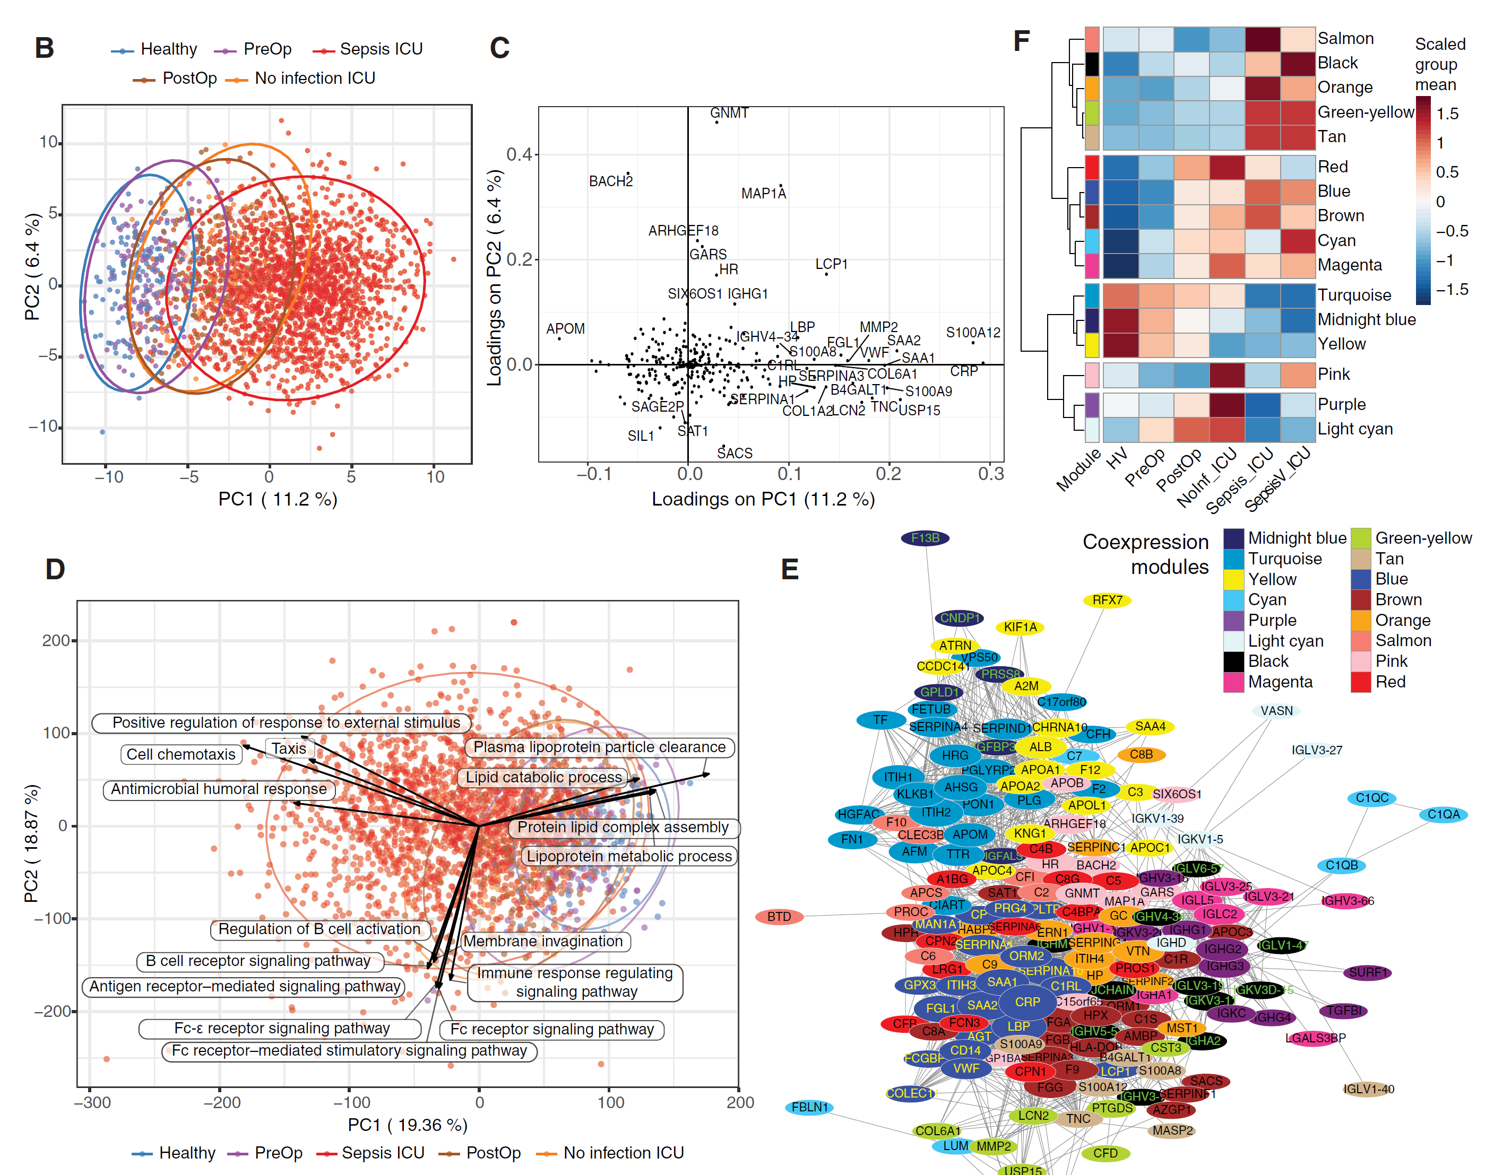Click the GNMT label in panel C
tap(729, 113)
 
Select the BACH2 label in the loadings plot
tap(610, 181)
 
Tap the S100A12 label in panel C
tap(972, 333)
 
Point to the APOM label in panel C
tap(565, 329)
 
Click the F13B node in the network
tap(925, 538)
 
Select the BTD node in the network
tap(779, 916)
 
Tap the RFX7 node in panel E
tap(1107, 600)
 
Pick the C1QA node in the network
tap(1443, 814)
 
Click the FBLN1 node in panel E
tap(809, 1107)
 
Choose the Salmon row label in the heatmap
tap(1345, 39)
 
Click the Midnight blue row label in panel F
tap(1366, 320)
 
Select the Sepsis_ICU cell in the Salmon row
tap(1262, 39)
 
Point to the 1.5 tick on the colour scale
tap(1447, 114)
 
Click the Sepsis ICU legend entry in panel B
tap(381, 49)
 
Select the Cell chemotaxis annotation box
tap(181, 754)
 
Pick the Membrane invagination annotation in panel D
tap(543, 941)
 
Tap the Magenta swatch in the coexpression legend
tap(1233, 682)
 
